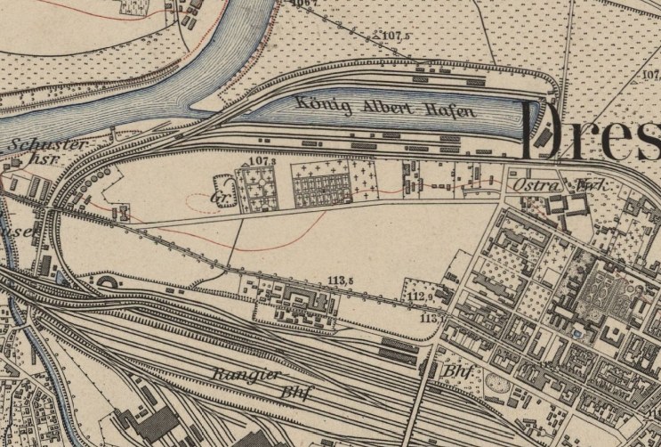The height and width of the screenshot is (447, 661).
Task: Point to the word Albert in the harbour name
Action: [385, 108]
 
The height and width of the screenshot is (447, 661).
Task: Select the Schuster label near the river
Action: [36, 143]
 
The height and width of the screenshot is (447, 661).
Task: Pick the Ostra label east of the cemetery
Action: [534, 184]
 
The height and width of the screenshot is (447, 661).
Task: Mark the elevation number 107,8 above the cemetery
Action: [259, 161]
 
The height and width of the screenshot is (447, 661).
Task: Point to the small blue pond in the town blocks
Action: [578, 332]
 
